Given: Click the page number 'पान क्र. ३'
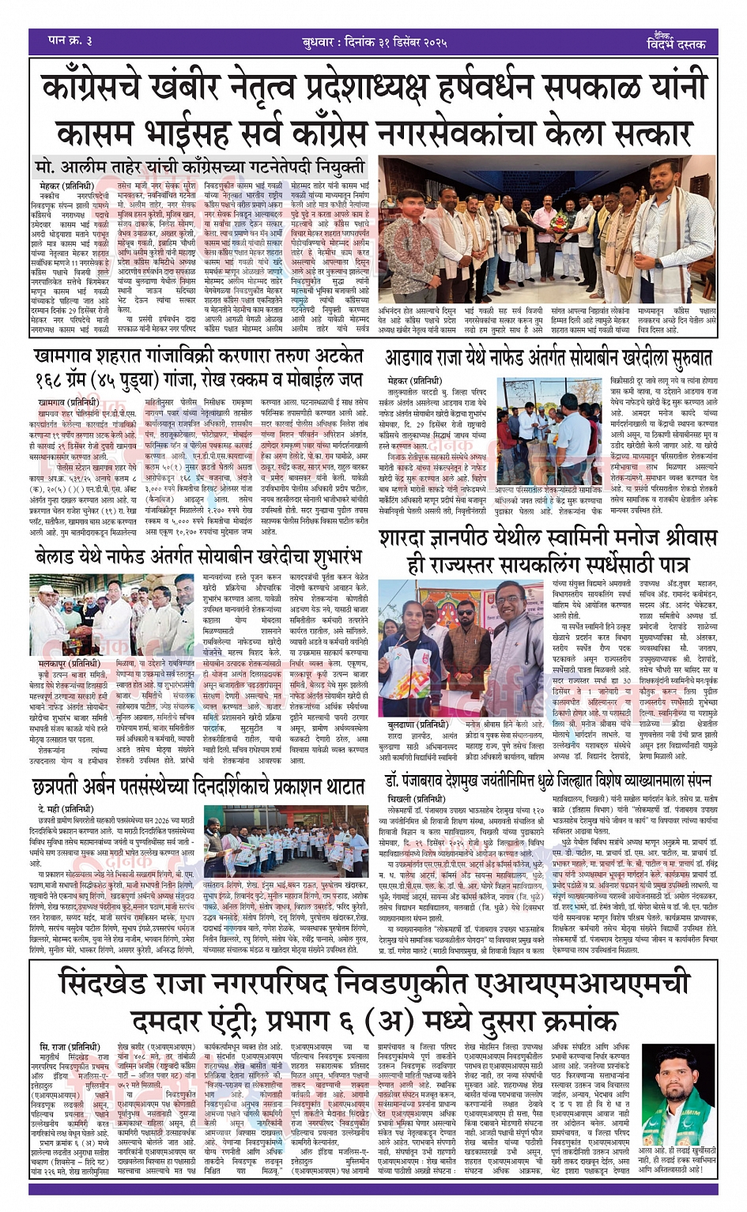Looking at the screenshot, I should [71, 41].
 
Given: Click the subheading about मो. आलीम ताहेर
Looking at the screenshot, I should [201, 167].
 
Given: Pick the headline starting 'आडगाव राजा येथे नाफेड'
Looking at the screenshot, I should [548, 357].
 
